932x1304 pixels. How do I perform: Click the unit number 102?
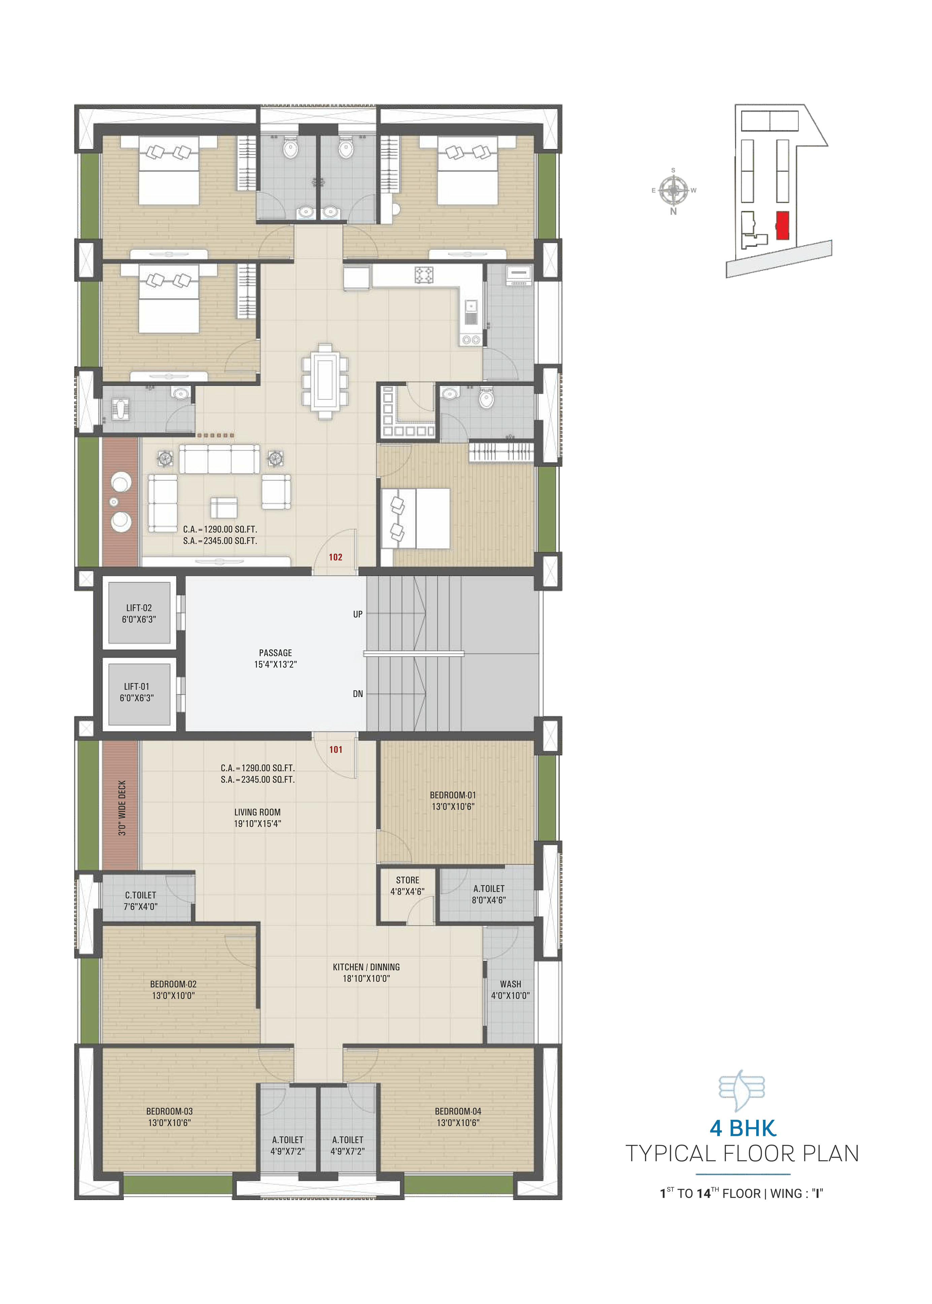(336, 557)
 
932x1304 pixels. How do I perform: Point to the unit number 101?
(336, 749)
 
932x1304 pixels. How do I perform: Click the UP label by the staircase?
(358, 614)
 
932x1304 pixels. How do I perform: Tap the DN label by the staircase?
(358, 694)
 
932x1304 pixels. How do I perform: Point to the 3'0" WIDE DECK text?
(122, 808)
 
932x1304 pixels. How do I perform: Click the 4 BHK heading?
(743, 1128)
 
